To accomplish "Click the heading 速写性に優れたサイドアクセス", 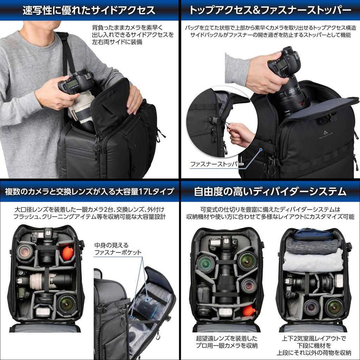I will [x=89, y=10].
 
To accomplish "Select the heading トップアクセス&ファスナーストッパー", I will [x=270, y=10].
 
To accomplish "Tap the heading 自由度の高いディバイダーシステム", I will [x=270, y=192].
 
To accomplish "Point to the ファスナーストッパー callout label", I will [x=216, y=164].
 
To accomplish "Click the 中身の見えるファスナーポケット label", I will [x=118, y=249].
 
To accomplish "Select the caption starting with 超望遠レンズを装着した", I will [x=226, y=342].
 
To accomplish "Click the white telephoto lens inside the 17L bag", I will [x=42, y=281].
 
